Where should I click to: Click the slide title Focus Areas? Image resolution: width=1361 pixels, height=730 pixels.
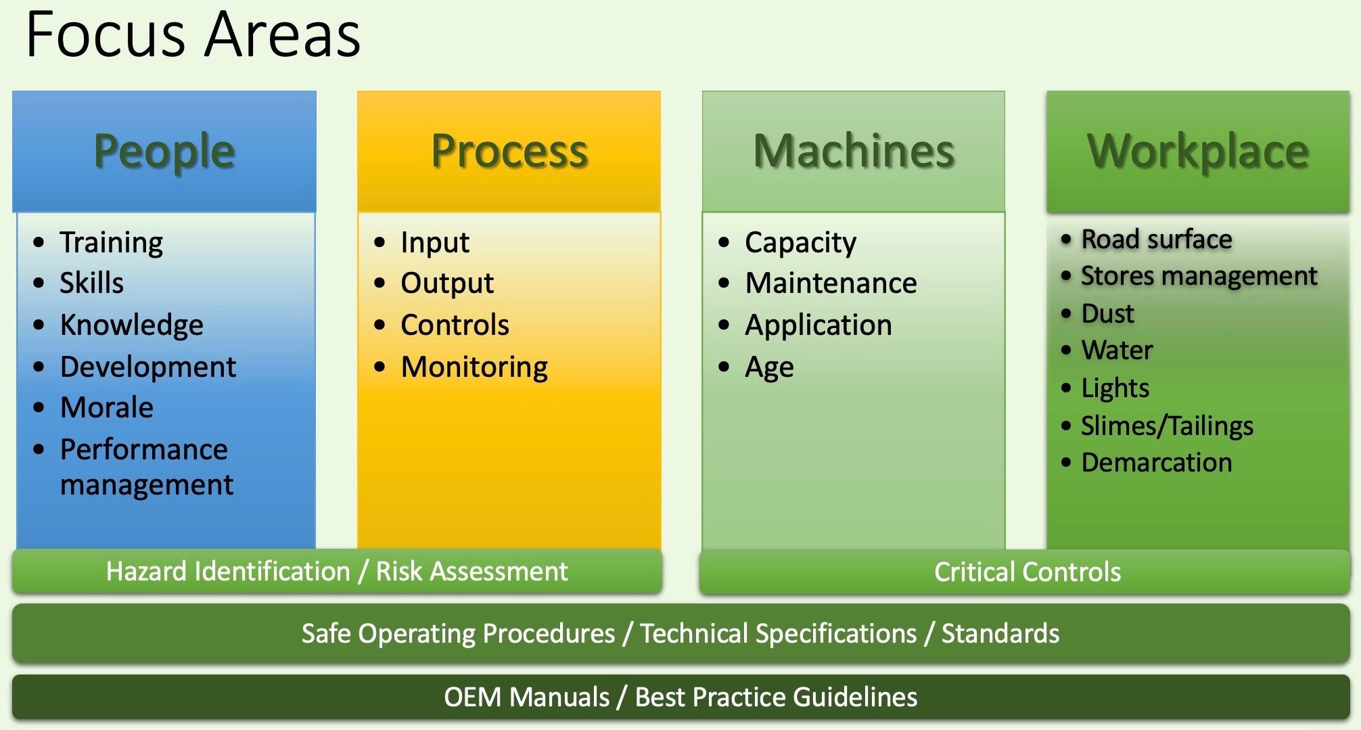pos(193,35)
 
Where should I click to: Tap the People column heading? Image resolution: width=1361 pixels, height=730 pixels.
pos(164,151)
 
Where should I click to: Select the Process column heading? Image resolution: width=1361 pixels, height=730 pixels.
pos(509,151)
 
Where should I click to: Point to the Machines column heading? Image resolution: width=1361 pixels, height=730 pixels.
pos(854,151)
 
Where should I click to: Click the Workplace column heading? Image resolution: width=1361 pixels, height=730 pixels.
pos(1198,151)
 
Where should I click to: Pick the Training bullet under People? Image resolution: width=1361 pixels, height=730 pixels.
pos(111,242)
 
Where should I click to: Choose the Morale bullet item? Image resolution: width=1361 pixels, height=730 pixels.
pos(107,407)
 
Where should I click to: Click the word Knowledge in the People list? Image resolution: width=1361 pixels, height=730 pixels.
pos(132,325)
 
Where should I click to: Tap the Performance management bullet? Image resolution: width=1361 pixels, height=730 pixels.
pos(145,467)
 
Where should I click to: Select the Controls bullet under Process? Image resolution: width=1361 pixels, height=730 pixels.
pos(455,325)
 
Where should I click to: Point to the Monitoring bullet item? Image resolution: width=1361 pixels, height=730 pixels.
pos(474,367)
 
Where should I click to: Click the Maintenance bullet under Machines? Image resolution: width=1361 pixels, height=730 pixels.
pos(831,283)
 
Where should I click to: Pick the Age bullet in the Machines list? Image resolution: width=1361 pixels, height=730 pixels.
pos(769,367)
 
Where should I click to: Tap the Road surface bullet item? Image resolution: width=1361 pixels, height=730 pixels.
pos(1157,239)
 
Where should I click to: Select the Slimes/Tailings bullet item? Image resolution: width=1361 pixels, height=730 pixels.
pos(1167,426)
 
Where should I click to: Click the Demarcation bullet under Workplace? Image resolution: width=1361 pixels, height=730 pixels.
pos(1157,463)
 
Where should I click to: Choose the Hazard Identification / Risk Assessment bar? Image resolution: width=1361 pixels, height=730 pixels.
pos(337,572)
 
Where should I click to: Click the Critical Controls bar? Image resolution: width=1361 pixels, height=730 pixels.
pos(1027,572)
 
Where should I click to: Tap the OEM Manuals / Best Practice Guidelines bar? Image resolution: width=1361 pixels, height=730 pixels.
pos(680,697)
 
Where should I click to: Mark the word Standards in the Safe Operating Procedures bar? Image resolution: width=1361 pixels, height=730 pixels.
pos(1000,634)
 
